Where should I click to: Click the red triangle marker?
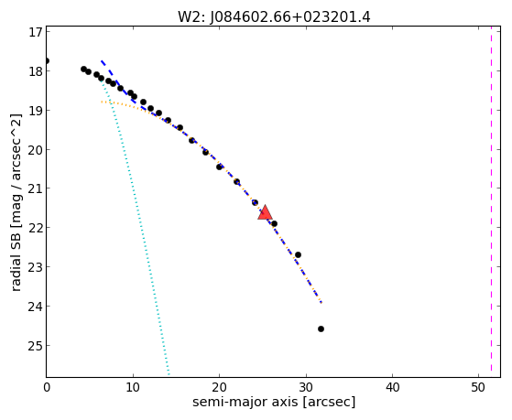pos(265,213)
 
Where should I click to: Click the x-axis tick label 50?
pos(478,387)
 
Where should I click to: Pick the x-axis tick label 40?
pos(392,387)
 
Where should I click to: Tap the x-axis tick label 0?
pos(47,387)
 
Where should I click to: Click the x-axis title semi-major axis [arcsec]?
pos(274,402)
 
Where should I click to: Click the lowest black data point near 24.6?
pos(321,328)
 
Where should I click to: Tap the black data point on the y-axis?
pos(47,60)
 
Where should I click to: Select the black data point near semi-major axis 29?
pos(298,254)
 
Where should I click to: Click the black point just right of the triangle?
pos(274,223)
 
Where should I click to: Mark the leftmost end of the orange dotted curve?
pos(102,102)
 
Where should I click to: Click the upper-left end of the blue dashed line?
pos(102,61)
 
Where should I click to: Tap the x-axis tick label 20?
pos(220,387)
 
